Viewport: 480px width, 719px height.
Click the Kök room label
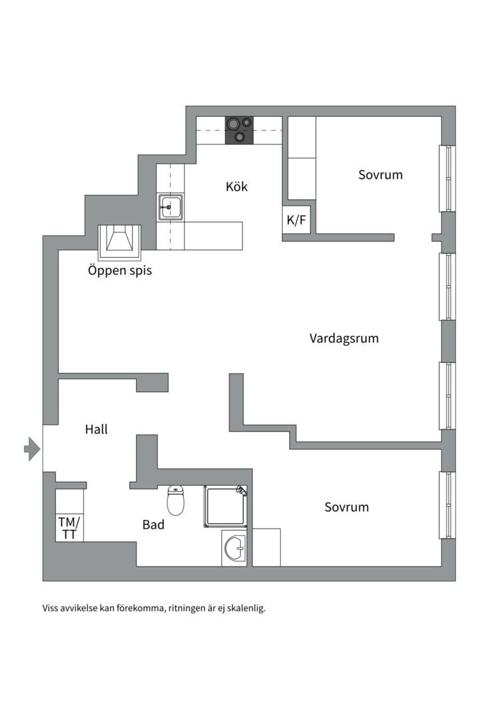[x=237, y=186]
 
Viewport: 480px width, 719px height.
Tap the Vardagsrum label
[x=343, y=338]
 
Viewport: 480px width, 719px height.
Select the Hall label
[x=96, y=429]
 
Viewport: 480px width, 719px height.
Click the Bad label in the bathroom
[x=153, y=525]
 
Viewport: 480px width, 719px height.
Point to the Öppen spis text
[x=120, y=271]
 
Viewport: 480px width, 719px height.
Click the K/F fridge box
[x=296, y=220]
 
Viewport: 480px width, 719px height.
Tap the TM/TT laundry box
[x=69, y=528]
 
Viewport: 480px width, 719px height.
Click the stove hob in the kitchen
[x=239, y=130]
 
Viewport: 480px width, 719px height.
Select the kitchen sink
[x=170, y=208]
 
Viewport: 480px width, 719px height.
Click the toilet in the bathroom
[x=175, y=501]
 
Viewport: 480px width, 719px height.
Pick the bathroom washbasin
[x=235, y=549]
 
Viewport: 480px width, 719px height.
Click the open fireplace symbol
[x=120, y=242]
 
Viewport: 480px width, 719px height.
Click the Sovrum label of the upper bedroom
[x=381, y=175]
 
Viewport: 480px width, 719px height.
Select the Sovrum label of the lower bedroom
[x=347, y=507]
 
